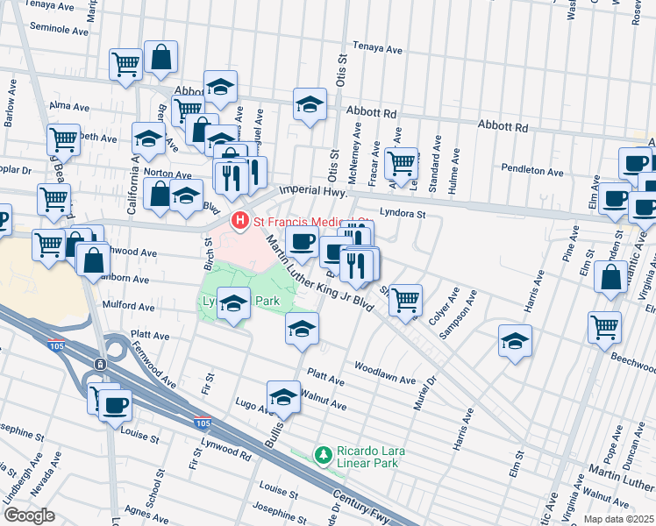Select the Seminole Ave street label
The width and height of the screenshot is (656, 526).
coord(59,29)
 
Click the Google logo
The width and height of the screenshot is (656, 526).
coord(29,515)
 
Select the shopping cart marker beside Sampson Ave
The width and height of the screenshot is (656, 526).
coord(405,300)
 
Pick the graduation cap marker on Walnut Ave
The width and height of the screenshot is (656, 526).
coord(283,397)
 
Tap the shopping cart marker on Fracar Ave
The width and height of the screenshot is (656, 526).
coord(401,162)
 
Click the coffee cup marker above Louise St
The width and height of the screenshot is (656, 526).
coord(114,405)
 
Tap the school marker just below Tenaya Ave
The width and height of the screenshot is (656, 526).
coord(310,104)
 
